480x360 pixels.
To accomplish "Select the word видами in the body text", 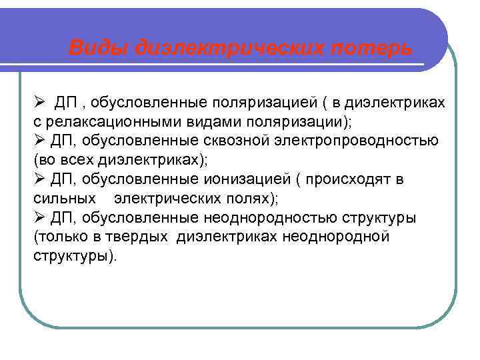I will click(x=203, y=122).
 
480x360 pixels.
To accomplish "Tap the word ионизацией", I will click(x=245, y=180).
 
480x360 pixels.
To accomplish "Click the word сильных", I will click(x=63, y=199).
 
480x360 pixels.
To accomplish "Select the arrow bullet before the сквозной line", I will click(x=39, y=141).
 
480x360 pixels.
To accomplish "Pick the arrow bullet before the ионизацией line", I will click(x=39, y=180).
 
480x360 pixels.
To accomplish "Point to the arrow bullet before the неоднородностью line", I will click(x=39, y=219).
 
